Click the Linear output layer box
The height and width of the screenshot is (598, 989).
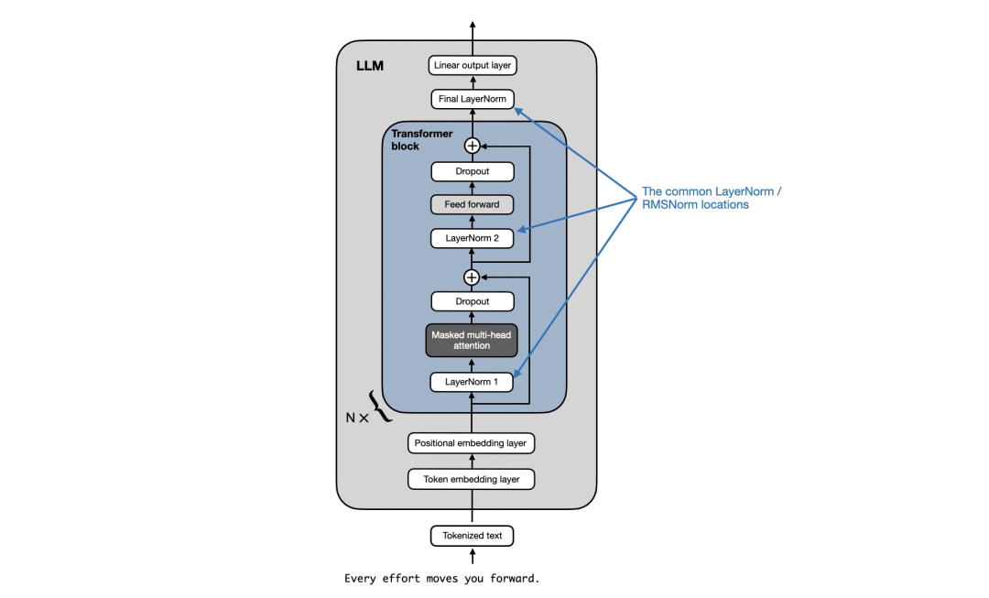click(473, 66)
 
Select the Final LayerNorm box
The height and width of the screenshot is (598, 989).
click(473, 99)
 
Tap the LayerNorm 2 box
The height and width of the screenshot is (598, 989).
click(473, 238)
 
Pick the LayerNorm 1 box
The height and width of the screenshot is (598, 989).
click(473, 381)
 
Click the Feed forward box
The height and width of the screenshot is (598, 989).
click(473, 204)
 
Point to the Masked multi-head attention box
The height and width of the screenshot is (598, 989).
click(473, 341)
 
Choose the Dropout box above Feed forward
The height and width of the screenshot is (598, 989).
click(473, 171)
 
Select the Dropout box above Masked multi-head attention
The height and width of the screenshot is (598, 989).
click(473, 301)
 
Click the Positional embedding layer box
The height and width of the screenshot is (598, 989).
click(471, 443)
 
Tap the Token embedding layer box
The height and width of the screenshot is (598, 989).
click(471, 479)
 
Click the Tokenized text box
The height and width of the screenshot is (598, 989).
click(473, 536)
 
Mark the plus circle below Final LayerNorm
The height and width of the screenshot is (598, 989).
click(473, 145)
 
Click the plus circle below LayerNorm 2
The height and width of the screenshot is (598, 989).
click(473, 277)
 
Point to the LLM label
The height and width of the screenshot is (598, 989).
click(370, 67)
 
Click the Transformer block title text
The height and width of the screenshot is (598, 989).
click(422, 139)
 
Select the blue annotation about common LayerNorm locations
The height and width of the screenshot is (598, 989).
click(712, 198)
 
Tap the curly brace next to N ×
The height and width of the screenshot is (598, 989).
click(380, 406)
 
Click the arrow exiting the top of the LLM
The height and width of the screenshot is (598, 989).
click(473, 29)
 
